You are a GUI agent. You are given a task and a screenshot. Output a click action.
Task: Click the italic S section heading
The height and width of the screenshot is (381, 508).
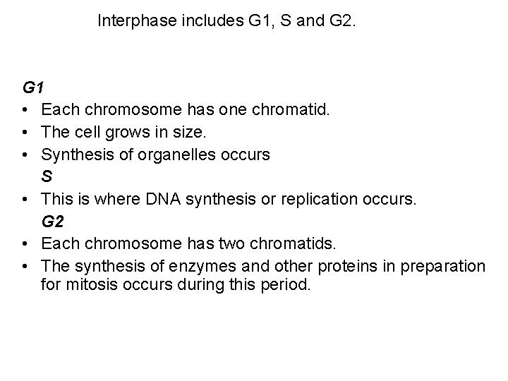47,177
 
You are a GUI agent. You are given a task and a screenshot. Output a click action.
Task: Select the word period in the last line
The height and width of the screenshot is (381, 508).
287,287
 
